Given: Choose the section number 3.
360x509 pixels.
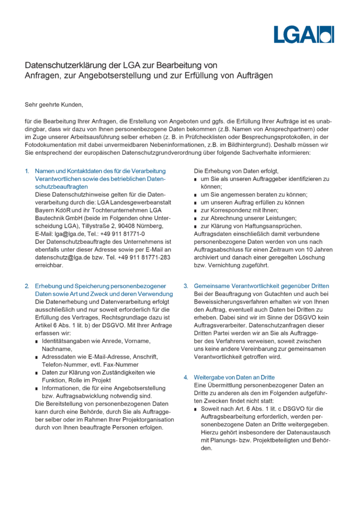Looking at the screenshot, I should tap(186, 286).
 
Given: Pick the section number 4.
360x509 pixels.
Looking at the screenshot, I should tap(186, 377).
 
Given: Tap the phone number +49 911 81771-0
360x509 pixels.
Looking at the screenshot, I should tap(120, 234).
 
